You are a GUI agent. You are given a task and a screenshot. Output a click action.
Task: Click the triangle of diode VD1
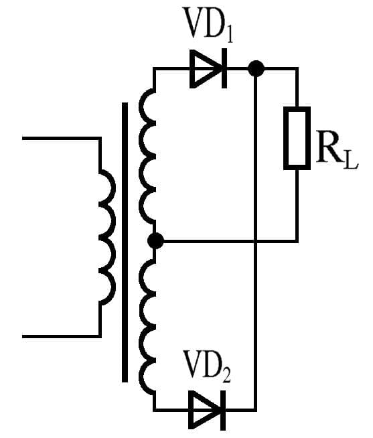[x=204, y=68]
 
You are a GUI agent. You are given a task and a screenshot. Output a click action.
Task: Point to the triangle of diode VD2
[x=204, y=409]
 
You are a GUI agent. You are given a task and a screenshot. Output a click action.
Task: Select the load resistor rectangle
[x=296, y=138]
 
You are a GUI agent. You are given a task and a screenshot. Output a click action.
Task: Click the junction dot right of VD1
[x=255, y=68]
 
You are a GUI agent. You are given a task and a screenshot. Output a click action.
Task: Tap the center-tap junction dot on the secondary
[x=155, y=240]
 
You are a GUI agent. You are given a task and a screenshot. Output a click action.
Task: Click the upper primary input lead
[x=60, y=139]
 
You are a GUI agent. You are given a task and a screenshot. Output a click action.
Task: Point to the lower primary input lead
[x=60, y=336]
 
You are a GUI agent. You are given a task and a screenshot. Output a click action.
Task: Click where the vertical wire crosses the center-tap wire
[x=255, y=240]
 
